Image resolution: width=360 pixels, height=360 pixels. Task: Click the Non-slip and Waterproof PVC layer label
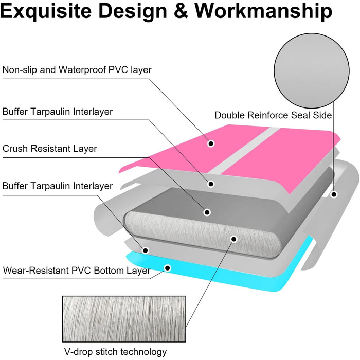[x=77, y=69]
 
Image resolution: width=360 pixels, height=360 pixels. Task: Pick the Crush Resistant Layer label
[x=50, y=149]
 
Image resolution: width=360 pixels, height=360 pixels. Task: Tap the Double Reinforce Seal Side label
[x=273, y=115]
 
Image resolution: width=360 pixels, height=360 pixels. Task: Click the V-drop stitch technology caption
[x=115, y=352]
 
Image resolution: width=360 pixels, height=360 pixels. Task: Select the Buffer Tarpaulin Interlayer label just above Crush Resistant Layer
[x=58, y=112]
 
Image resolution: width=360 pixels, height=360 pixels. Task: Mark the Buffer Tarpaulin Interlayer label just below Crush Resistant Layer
[x=58, y=186]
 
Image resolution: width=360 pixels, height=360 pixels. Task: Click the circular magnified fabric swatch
[x=303, y=67]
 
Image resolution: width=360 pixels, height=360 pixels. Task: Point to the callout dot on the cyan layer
[x=167, y=268]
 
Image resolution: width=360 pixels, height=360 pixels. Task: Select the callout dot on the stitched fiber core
[x=233, y=239]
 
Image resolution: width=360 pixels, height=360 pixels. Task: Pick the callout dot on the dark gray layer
[x=207, y=212]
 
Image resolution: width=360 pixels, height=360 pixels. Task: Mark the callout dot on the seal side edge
[x=334, y=195]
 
